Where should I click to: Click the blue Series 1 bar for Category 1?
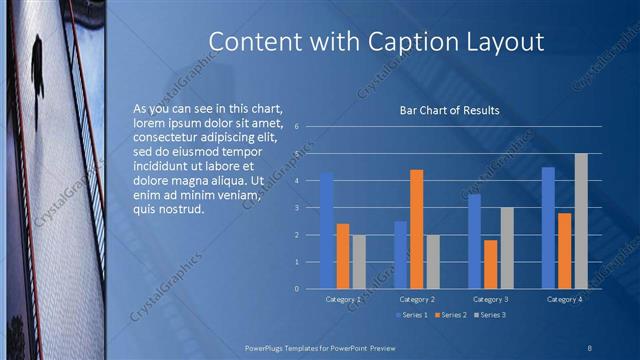326,230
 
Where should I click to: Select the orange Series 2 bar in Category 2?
416,229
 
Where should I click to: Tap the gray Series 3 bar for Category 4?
580,221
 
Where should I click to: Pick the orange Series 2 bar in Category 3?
491,264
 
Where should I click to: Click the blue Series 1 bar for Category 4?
548,227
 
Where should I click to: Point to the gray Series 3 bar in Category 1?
358,262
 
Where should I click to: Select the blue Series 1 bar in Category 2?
401,255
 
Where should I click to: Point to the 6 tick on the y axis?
297,127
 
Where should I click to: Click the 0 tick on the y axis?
297,289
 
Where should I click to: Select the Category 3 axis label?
491,299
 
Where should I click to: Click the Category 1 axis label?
343,299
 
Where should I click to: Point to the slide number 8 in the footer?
589,345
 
